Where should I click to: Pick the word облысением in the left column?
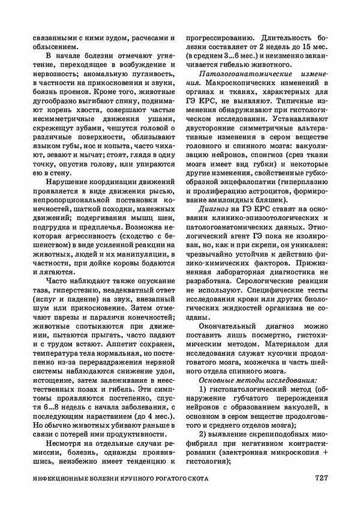click(53, 46)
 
